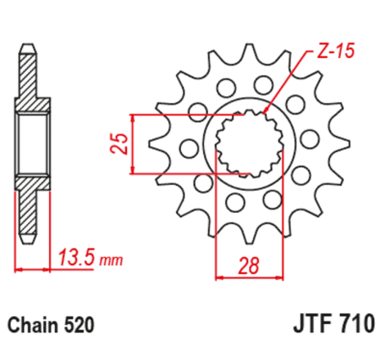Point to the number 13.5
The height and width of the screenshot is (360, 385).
pos(77,260)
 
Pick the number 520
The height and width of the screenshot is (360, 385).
pos(80,325)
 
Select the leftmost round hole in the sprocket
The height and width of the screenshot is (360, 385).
pos(187,147)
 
